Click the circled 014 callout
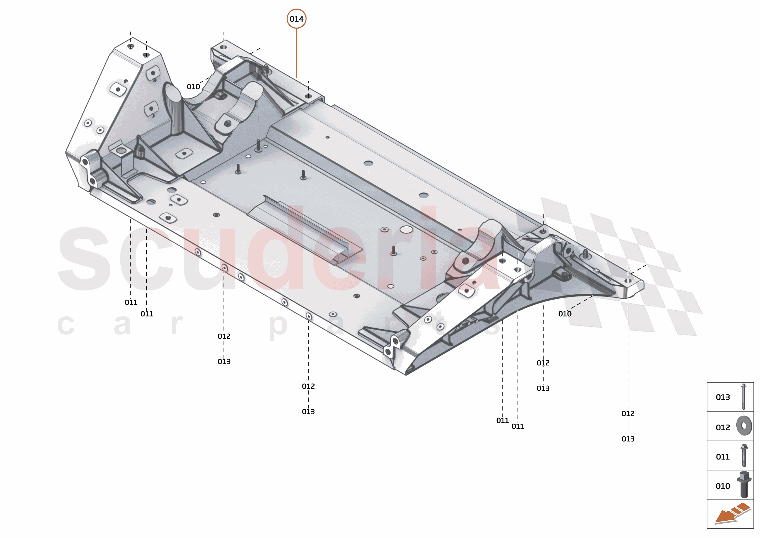(296, 19)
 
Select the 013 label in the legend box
(722, 397)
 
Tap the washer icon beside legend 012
(744, 425)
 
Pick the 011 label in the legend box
(722, 456)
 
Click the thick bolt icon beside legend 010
(744, 484)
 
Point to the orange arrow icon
(732, 513)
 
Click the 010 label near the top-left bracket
(193, 87)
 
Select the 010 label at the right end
(564, 314)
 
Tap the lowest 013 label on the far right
(627, 439)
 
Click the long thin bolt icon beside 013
(744, 397)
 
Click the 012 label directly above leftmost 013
(224, 336)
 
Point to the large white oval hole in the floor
(406, 229)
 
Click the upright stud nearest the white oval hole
(393, 251)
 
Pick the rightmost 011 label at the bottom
(517, 426)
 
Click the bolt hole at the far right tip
(627, 281)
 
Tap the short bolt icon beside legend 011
(744, 456)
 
